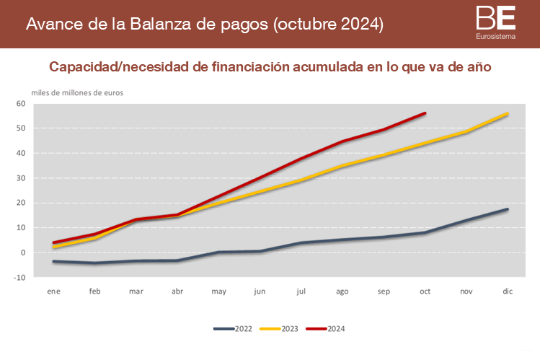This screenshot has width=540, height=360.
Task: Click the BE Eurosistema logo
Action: tap(496, 22)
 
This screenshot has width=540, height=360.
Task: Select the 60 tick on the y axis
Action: tap(20, 104)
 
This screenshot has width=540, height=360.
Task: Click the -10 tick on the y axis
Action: tap(19, 277)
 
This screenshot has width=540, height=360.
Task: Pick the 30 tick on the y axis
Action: tap(20, 178)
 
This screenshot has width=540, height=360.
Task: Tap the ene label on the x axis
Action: tap(53, 291)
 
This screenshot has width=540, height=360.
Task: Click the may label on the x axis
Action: tap(218, 291)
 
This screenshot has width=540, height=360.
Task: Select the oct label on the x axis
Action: tap(425, 291)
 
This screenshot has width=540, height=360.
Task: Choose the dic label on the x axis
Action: tap(508, 291)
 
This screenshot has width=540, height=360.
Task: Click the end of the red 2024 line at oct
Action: tap(425, 113)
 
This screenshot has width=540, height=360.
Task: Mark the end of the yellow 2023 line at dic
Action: tap(508, 114)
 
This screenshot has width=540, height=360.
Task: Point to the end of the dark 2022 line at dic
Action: tap(508, 209)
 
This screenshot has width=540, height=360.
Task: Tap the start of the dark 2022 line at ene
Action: tap(53, 261)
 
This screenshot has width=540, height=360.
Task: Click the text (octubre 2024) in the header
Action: tap(328, 24)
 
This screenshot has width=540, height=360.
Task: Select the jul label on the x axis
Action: tap(301, 291)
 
